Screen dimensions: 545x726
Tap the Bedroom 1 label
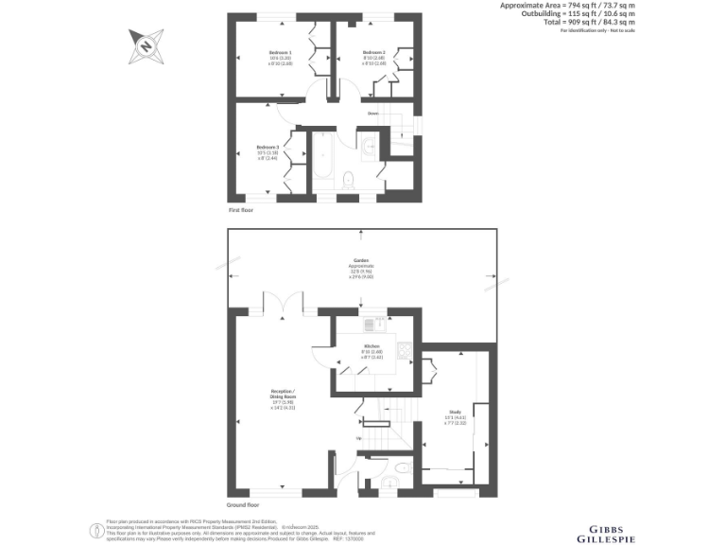(x=280, y=52)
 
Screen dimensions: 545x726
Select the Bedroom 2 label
(x=374, y=52)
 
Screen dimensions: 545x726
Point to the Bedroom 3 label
(x=267, y=147)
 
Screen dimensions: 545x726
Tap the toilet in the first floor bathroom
(x=348, y=178)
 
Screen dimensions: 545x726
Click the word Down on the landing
(x=373, y=113)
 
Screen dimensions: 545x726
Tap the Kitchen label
(x=372, y=346)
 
